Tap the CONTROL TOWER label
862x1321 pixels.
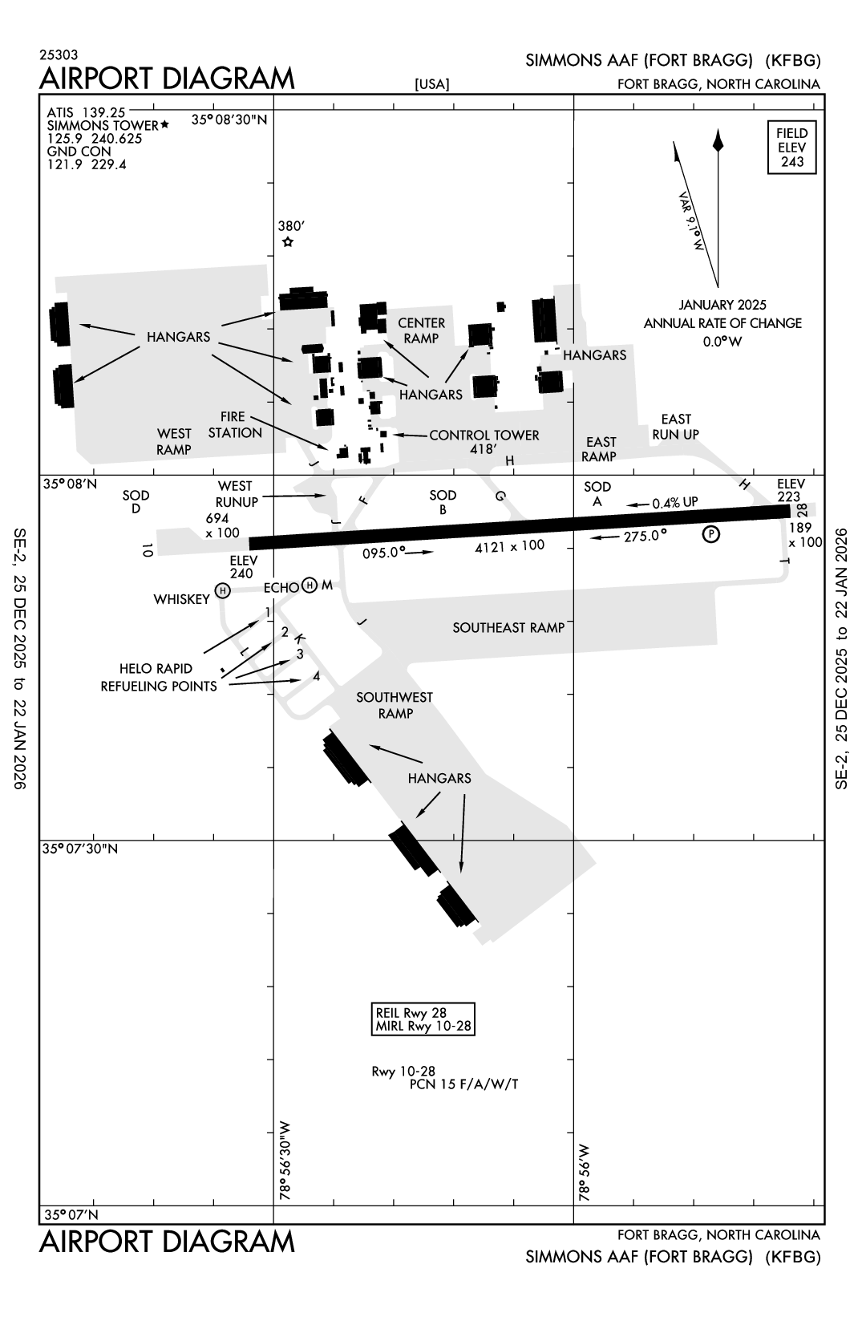[x=484, y=436]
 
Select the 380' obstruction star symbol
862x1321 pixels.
[x=288, y=241]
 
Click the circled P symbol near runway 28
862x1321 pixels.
[x=710, y=534]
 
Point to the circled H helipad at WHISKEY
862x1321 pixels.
[x=223, y=591]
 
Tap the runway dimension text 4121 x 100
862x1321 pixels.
[x=509, y=546]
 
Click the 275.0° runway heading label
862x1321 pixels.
[x=645, y=535]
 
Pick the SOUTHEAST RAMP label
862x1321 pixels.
[x=508, y=627]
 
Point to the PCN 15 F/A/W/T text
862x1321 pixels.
[x=463, y=1084]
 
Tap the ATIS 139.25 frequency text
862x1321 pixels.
[x=87, y=112]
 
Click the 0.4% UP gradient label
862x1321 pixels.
[x=674, y=502]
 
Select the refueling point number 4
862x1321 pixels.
[x=316, y=676]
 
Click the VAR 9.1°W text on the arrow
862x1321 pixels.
[x=690, y=221]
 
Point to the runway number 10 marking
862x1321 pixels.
[x=146, y=549]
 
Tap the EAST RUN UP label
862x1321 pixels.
[x=675, y=427]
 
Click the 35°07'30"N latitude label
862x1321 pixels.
[x=80, y=849]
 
